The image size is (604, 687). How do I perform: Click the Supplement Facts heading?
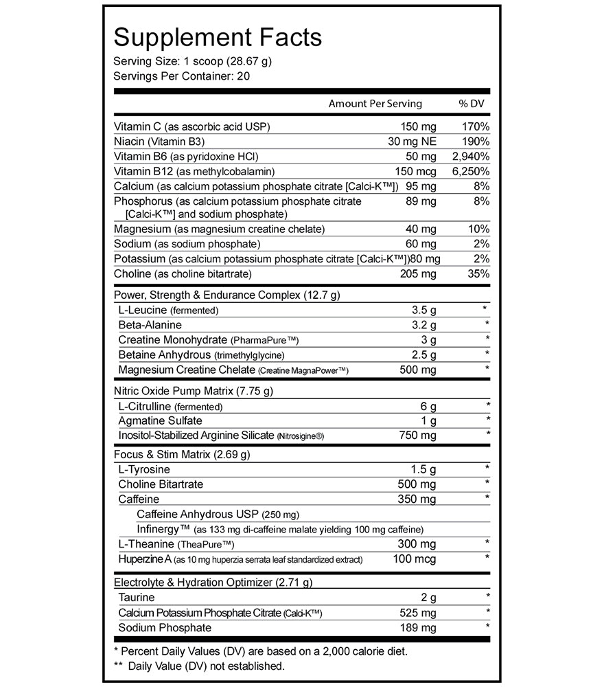218,38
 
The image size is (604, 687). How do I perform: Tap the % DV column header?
472,104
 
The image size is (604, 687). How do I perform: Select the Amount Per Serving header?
375,104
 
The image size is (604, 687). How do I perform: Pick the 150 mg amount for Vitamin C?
418,126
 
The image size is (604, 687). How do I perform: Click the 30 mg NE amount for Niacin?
412,142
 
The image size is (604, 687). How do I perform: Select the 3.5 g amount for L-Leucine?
423,310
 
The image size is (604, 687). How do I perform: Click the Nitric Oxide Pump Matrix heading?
194,392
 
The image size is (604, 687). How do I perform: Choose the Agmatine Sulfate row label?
160,420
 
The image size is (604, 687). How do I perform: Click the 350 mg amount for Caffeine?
418,499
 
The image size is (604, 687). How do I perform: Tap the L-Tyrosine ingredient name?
144,469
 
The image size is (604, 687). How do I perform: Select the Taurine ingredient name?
137,598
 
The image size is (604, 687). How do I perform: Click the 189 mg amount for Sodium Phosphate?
418,628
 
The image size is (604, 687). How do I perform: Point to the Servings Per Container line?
181,76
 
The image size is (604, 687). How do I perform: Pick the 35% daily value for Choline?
478,274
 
